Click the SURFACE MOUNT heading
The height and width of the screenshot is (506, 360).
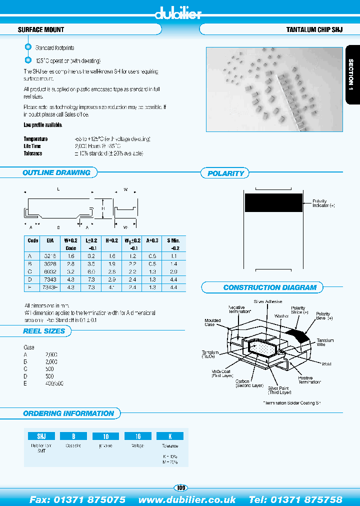click(x=41, y=30)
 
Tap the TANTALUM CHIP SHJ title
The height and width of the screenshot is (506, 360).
click(x=314, y=30)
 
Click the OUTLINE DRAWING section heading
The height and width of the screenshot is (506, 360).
click(x=56, y=172)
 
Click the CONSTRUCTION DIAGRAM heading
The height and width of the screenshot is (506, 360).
click(x=269, y=287)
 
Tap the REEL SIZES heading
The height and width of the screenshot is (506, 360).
click(x=44, y=331)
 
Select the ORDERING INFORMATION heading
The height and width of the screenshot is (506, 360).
click(x=68, y=413)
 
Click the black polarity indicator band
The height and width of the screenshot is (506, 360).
click(x=273, y=203)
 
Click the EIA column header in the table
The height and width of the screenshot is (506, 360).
click(x=50, y=240)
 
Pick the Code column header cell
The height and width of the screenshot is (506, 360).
click(x=32, y=240)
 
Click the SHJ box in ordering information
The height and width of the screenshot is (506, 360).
click(x=37, y=436)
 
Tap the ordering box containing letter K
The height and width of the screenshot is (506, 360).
click(x=170, y=436)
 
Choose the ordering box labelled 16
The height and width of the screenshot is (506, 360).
click(x=138, y=436)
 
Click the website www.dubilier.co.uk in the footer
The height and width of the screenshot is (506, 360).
click(x=187, y=499)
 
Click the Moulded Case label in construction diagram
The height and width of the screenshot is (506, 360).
click(x=209, y=322)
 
